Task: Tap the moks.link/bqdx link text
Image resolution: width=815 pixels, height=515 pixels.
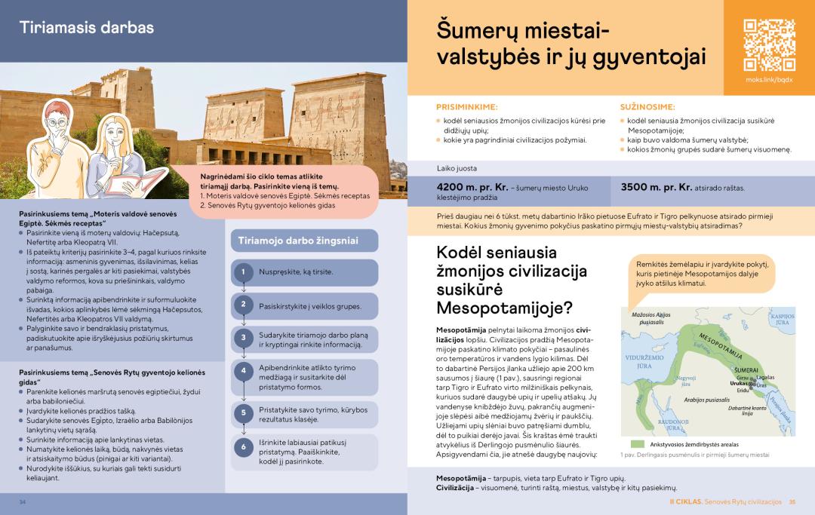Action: pos(769,79)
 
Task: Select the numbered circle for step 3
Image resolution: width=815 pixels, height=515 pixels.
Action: pos(244,339)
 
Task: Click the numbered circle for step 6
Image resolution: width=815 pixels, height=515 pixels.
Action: pos(244,447)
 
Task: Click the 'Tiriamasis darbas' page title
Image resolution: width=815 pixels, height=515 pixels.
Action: pos(86,28)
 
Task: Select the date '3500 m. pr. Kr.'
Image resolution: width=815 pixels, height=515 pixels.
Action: pos(656,187)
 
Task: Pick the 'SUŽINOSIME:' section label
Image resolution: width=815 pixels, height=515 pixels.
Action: pos(647,107)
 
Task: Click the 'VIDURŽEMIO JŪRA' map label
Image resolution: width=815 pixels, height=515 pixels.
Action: pos(638,361)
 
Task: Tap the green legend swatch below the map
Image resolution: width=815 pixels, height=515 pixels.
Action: pos(638,444)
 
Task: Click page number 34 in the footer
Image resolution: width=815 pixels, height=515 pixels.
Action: pos(23,502)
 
